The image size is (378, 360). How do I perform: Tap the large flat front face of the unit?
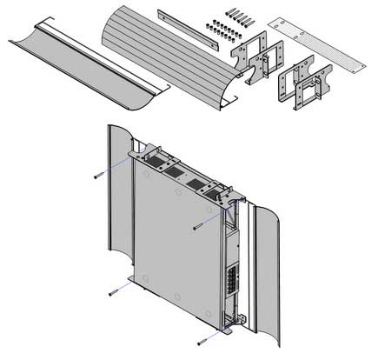174,235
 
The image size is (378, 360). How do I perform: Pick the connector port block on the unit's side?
230,283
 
